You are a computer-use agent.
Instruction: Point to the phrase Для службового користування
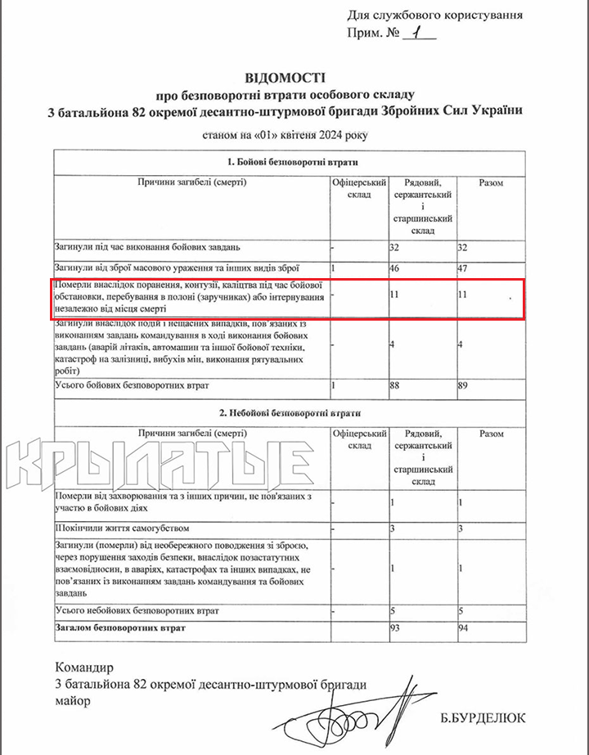coord(434,14)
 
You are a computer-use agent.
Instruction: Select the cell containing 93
coord(397,628)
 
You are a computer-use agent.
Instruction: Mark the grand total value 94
coord(465,628)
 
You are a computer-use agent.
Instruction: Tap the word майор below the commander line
coord(73,701)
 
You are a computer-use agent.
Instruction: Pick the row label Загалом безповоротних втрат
coord(120,627)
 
